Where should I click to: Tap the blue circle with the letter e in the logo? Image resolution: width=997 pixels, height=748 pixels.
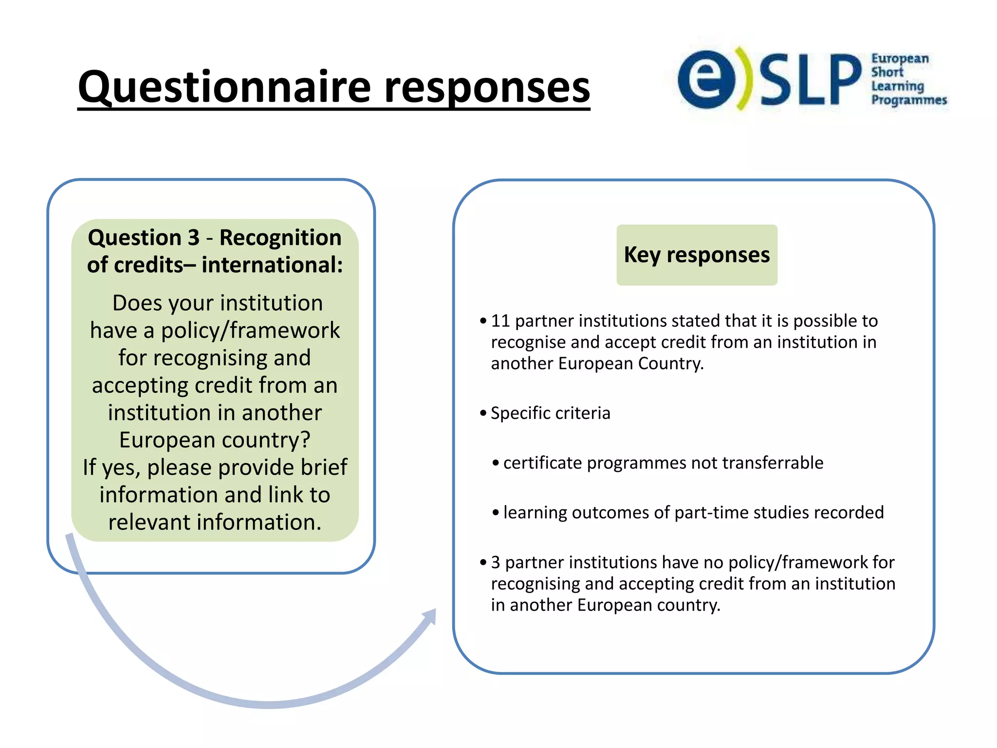pyautogui.click(x=706, y=79)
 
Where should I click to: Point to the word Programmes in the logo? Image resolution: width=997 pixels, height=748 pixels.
pyautogui.click(x=908, y=100)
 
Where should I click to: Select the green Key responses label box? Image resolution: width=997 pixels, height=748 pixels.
pyautogui.click(x=697, y=255)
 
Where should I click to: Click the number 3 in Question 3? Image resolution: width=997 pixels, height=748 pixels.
pyautogui.click(x=193, y=238)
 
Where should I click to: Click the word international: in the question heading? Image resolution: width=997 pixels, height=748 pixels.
pyautogui.click(x=272, y=265)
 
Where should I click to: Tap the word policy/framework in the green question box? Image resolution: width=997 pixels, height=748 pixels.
pyautogui.click(x=250, y=331)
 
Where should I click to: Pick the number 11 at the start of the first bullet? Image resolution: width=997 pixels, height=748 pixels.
pyautogui.click(x=500, y=321)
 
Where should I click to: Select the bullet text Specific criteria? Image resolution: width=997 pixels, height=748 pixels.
pyautogui.click(x=550, y=413)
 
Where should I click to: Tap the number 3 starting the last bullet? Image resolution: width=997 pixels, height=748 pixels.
pyautogui.click(x=495, y=562)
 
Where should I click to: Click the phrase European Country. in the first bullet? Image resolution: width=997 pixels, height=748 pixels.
pyautogui.click(x=630, y=364)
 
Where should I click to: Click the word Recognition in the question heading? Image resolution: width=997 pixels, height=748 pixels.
pyautogui.click(x=280, y=238)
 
